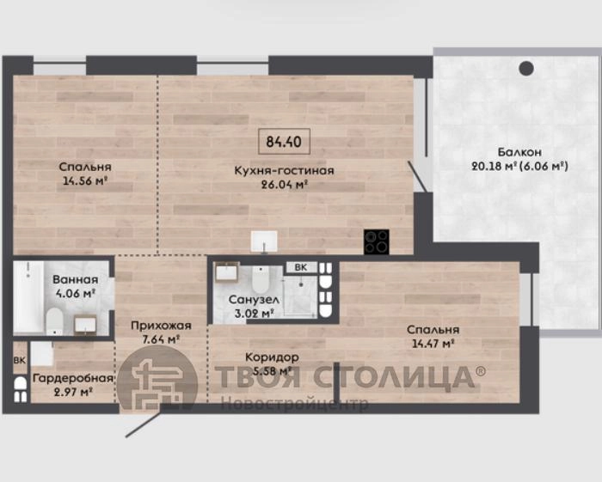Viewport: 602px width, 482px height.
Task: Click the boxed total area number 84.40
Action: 284,142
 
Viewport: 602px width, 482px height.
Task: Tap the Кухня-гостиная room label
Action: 284,170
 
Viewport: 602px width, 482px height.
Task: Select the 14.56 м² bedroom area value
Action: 84,180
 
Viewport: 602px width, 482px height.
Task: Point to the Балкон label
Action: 519,152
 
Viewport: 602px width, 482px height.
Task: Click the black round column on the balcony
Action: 526,68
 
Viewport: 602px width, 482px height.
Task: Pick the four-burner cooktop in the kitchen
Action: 377,241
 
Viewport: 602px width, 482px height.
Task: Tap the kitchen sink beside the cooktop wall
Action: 264,241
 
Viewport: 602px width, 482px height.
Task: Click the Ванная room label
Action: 76,279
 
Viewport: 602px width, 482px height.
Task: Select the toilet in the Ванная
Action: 54,321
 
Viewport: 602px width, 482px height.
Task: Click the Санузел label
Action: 254,300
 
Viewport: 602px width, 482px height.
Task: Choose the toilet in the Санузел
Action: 261,279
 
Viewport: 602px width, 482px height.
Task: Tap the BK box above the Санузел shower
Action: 301,267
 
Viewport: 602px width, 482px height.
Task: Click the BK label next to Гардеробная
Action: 20,361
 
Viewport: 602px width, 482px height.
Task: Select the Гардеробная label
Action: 73,378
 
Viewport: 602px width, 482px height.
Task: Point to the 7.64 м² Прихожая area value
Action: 162,339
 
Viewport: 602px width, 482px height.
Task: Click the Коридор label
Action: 272,357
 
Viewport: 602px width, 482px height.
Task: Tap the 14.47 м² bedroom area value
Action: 433,343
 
